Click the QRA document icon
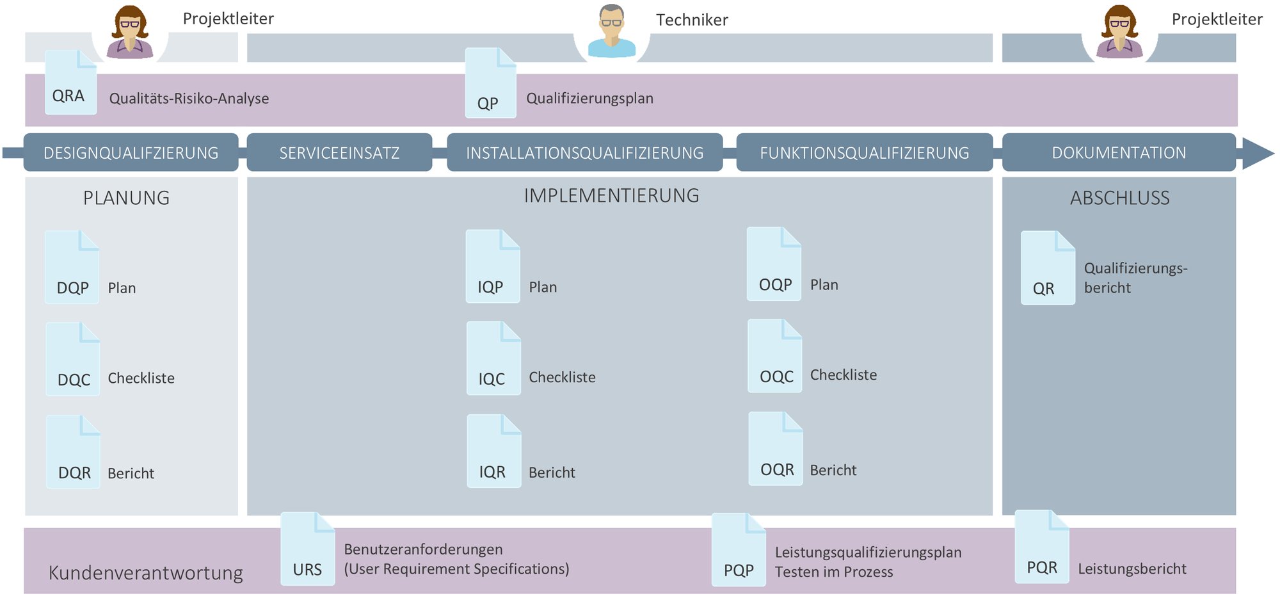point(70,83)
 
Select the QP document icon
point(490,83)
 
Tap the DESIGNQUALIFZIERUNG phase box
point(131,152)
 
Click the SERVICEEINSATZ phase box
point(339,152)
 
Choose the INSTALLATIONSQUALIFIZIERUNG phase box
point(584,152)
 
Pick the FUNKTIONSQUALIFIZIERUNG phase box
point(864,152)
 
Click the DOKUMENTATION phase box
point(1118,152)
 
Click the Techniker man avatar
point(612,32)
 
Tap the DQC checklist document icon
point(73,359)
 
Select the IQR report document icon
point(493,451)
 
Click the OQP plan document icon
point(774,264)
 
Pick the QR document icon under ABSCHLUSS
point(1047,268)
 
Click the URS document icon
point(307,549)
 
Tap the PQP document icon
point(739,549)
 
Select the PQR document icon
point(1041,547)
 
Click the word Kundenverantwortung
point(145,572)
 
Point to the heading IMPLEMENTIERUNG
point(611,195)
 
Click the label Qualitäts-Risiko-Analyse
point(189,99)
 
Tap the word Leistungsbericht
point(1132,569)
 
